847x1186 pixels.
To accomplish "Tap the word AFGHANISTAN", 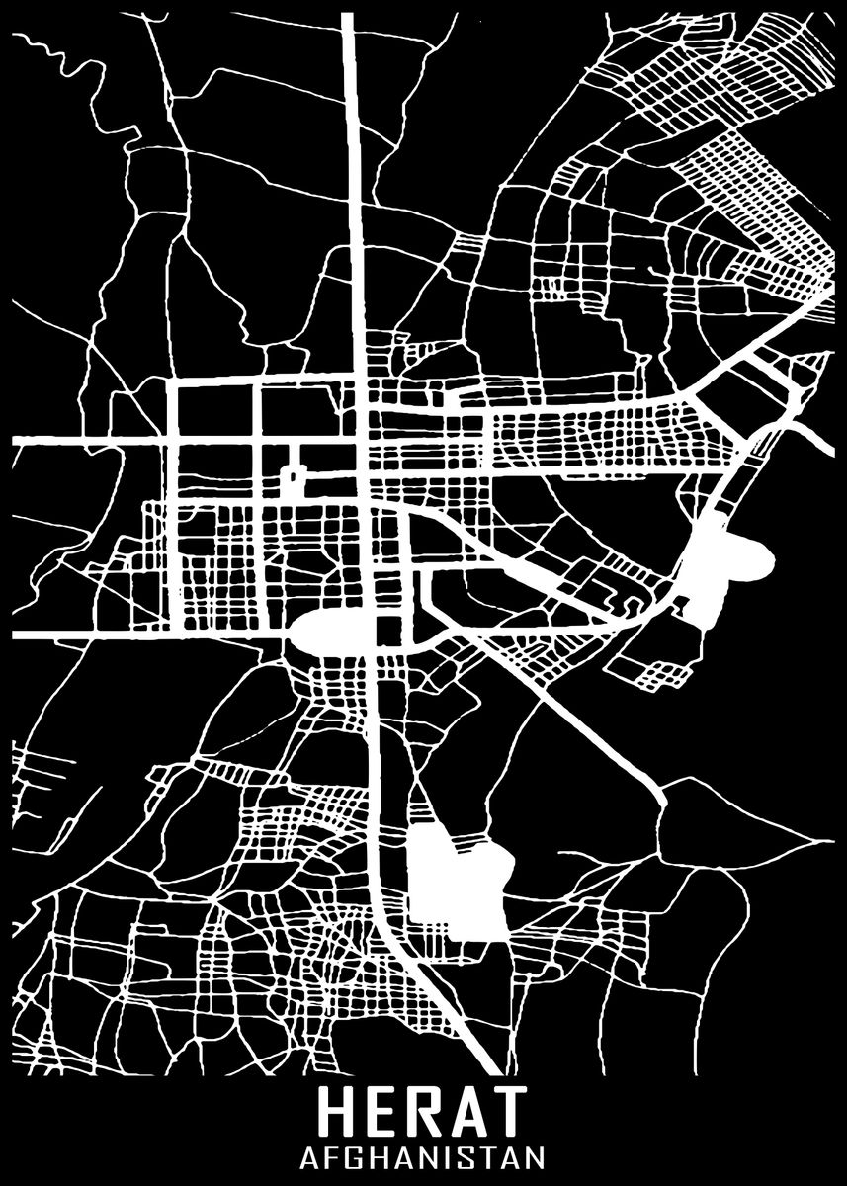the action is point(423,1156).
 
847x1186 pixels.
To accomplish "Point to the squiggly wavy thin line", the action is point(59,49).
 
